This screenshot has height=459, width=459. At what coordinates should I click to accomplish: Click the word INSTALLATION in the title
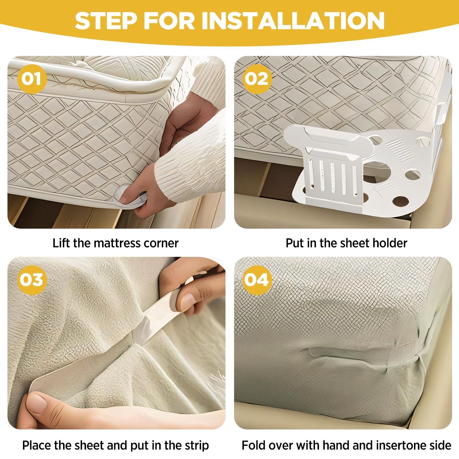(x=293, y=21)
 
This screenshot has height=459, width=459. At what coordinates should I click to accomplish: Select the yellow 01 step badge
(x=32, y=79)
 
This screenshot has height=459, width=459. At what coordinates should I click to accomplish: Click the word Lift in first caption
(x=61, y=243)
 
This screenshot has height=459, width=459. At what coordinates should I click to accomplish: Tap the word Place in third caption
(x=36, y=446)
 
